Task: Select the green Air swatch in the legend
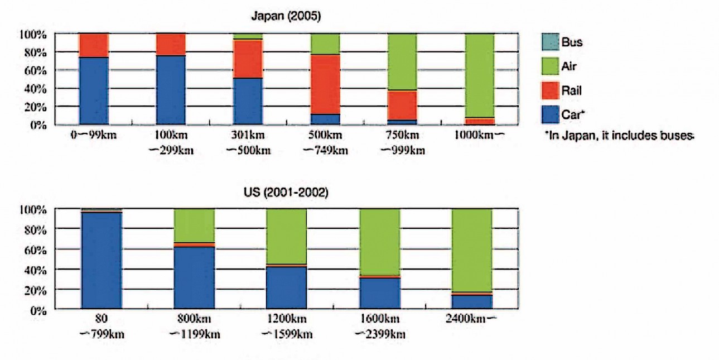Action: click(547, 66)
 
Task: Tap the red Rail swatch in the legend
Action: click(547, 90)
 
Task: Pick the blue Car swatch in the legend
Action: click(547, 114)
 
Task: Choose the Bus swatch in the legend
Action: click(547, 42)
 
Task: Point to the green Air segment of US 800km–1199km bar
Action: click(194, 225)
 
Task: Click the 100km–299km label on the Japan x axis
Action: click(171, 143)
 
